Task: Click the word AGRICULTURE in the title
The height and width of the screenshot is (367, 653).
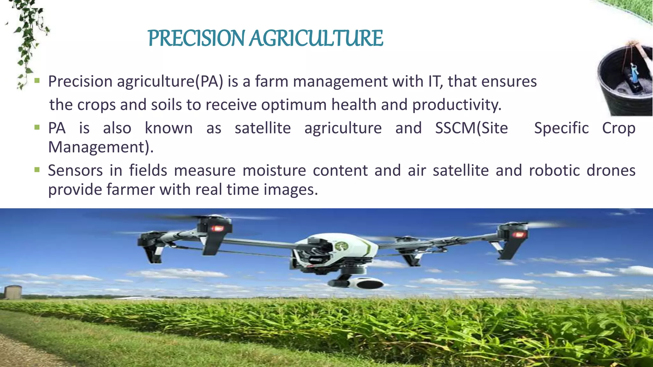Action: pyautogui.click(x=316, y=39)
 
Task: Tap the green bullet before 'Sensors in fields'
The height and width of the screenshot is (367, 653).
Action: pyautogui.click(x=37, y=170)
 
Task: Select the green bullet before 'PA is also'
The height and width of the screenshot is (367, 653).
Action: pyautogui.click(x=37, y=127)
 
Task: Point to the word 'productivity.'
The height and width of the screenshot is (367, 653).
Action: pyautogui.click(x=457, y=105)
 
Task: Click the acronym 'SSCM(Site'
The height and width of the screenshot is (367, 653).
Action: pyautogui.click(x=471, y=128)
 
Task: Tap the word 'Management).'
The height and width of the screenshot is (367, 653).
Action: pyautogui.click(x=101, y=147)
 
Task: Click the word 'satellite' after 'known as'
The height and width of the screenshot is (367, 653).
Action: pyautogui.click(x=263, y=128)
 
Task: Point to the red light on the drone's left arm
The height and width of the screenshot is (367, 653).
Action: pyautogui.click(x=217, y=228)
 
